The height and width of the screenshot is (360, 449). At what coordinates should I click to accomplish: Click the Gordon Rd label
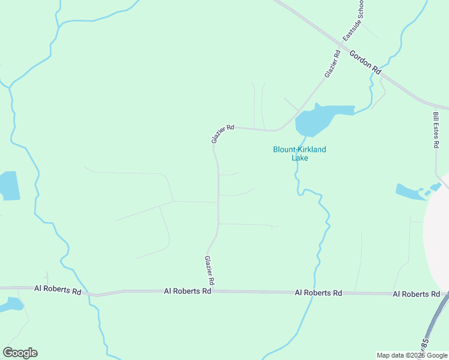(366, 61)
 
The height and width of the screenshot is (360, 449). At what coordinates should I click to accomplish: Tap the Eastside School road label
(354, 25)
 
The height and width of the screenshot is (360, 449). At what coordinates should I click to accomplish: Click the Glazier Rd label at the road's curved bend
(222, 133)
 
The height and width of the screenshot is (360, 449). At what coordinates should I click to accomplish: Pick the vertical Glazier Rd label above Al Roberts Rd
(209, 271)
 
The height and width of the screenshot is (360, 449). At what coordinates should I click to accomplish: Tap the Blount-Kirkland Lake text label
(300, 154)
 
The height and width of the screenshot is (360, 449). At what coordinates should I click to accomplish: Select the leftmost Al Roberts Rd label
(57, 289)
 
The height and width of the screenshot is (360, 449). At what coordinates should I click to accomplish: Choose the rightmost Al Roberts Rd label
(416, 294)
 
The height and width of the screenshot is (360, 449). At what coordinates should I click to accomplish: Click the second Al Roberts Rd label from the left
(187, 291)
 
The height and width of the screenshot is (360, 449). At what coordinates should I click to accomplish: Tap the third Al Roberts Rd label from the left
(318, 293)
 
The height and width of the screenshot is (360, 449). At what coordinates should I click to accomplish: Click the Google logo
(20, 353)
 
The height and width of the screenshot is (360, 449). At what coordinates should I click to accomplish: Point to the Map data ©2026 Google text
(412, 355)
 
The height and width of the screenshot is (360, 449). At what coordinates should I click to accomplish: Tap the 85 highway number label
(425, 345)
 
